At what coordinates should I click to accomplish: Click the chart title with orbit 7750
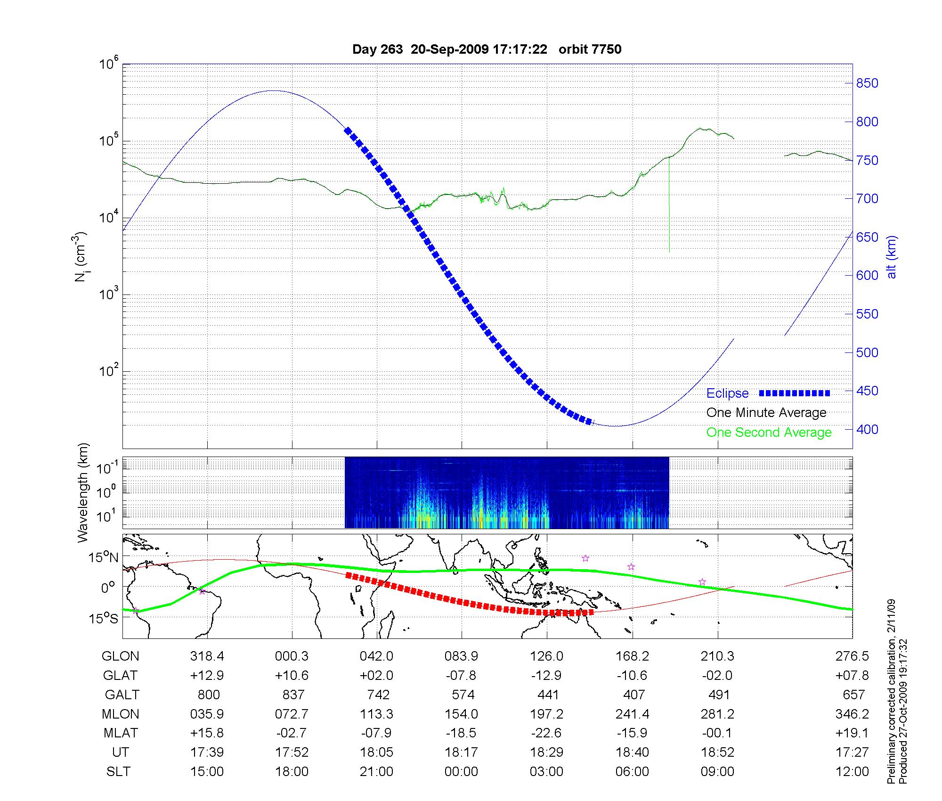click(x=487, y=49)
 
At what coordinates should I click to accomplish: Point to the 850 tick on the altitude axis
click(x=867, y=83)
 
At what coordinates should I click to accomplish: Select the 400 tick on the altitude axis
click(x=867, y=429)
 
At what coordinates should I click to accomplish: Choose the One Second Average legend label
click(x=769, y=433)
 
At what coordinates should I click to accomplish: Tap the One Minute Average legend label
click(x=766, y=413)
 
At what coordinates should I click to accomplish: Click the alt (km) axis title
click(x=892, y=257)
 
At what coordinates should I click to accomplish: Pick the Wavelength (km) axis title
click(x=83, y=492)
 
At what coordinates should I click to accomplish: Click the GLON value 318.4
click(x=207, y=656)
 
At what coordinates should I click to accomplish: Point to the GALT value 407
click(x=633, y=695)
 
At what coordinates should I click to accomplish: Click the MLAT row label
click(x=121, y=733)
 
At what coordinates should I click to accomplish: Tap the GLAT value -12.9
click(x=546, y=675)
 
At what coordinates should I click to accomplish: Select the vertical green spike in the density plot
click(x=669, y=207)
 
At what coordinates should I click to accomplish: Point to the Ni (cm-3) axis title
click(x=81, y=257)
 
